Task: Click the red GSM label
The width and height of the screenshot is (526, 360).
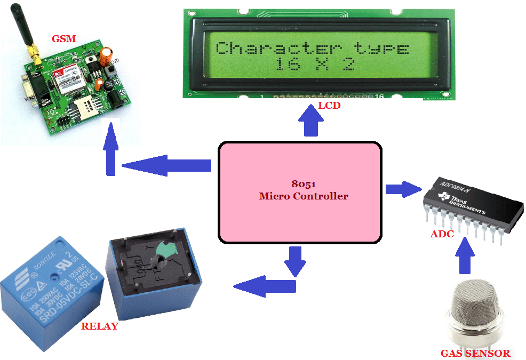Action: point(63,38)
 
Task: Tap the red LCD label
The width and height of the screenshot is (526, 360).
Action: point(329,106)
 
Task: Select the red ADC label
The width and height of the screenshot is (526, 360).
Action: point(442,234)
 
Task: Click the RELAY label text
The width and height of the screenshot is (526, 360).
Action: point(99,326)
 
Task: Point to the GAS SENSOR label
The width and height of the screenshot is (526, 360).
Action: point(475,353)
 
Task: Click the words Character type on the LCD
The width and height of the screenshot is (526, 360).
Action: point(312,49)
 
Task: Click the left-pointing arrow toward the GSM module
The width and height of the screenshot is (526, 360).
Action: point(166,165)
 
